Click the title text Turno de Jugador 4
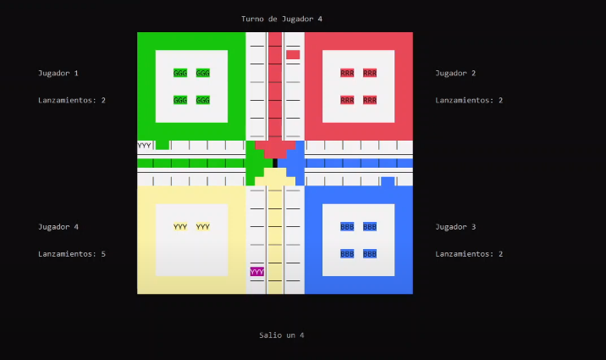click(x=282, y=19)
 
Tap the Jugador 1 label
click(x=58, y=73)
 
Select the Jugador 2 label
click(x=455, y=73)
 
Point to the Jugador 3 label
click(x=455, y=227)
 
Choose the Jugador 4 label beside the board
click(x=58, y=227)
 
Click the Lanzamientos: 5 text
click(x=72, y=254)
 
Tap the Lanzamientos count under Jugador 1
click(x=72, y=100)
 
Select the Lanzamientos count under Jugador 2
click(x=469, y=100)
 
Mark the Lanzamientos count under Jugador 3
click(x=469, y=254)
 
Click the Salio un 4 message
click(x=282, y=335)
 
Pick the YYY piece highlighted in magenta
click(x=257, y=272)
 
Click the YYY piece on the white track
click(x=145, y=146)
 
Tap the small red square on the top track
click(x=293, y=55)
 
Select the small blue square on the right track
click(x=388, y=181)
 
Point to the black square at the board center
click(x=275, y=163)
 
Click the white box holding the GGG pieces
click(x=191, y=86)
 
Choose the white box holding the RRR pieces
click(x=358, y=86)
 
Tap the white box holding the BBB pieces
click(x=358, y=240)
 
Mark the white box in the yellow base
click(x=191, y=240)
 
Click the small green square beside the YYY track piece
click(x=162, y=145)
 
